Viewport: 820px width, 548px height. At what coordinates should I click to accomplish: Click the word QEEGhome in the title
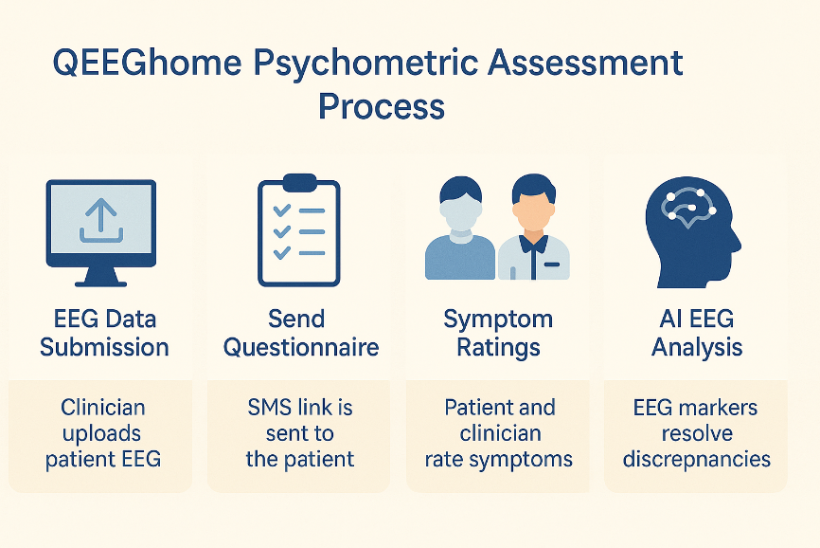click(148, 63)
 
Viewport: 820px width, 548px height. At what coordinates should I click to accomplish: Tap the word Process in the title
click(382, 106)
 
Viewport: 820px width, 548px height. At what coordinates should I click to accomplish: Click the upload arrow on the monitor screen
click(101, 220)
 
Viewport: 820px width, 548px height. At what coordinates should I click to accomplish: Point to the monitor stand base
click(101, 283)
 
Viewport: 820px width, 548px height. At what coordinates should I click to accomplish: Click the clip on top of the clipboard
click(299, 182)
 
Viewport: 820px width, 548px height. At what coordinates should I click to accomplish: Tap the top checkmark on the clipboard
click(282, 210)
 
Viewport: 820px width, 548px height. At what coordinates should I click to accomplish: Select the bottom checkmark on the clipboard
click(282, 253)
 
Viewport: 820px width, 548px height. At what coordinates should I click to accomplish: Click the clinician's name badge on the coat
click(552, 265)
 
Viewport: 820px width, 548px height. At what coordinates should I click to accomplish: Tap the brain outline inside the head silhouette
click(689, 209)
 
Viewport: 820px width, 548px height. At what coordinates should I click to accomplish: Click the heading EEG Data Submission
click(104, 333)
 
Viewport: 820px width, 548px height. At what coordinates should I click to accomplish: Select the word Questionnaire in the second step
click(301, 347)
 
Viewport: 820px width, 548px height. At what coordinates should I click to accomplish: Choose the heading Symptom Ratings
click(498, 334)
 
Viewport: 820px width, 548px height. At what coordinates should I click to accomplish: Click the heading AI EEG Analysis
click(697, 334)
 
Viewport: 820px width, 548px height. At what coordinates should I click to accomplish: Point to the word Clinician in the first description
click(103, 407)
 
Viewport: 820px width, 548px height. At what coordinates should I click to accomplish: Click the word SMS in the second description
click(268, 407)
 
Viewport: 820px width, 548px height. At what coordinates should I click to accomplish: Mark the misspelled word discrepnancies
click(697, 460)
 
